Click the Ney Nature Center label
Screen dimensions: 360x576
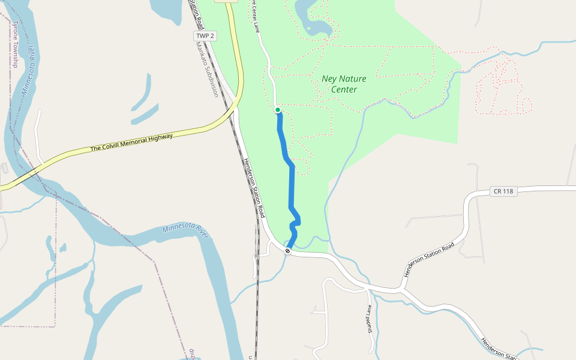pos(344,84)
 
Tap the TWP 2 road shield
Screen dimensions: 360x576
pos(205,36)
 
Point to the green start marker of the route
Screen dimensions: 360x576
pos(278,110)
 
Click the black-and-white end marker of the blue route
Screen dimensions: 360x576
pos(288,251)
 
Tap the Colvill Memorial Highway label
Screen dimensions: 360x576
pos(131,142)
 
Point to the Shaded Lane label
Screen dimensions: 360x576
pos(370,318)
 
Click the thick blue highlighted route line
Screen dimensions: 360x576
pos(292,186)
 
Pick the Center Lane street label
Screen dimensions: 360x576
pos(256,16)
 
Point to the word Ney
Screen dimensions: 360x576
pos(329,79)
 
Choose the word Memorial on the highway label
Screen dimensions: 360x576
pos(134,142)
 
